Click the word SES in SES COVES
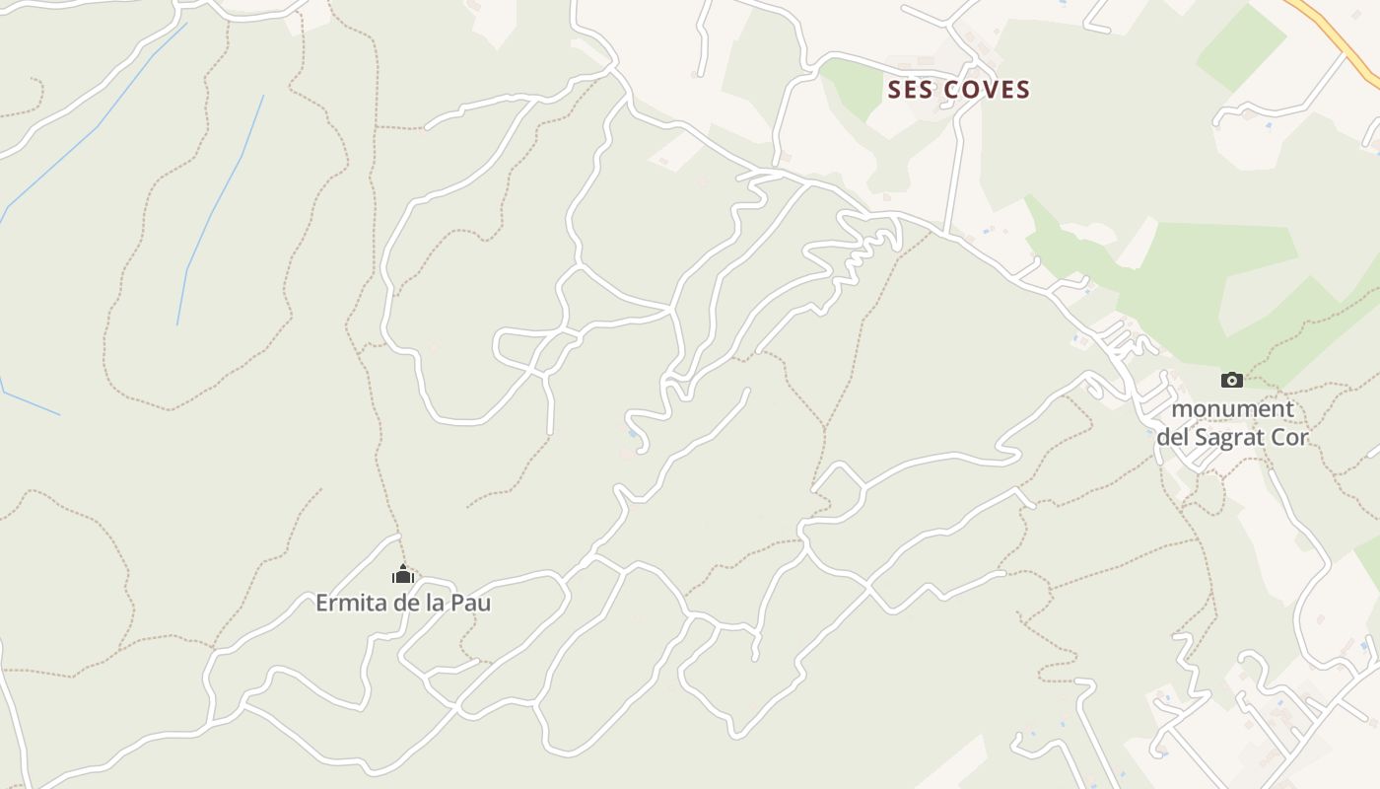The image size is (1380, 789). pyautogui.click(x=911, y=90)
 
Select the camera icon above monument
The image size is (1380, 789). pyautogui.click(x=1231, y=380)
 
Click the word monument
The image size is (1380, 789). pyautogui.click(x=1232, y=408)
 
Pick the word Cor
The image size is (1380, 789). pyautogui.click(x=1292, y=436)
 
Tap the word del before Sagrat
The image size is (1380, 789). pyautogui.click(x=1173, y=436)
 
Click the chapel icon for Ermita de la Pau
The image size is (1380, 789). pyautogui.click(x=402, y=573)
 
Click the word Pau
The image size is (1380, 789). pyautogui.click(x=471, y=603)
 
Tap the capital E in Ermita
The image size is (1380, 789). pyautogui.click(x=322, y=603)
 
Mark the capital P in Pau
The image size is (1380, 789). pyautogui.click(x=458, y=603)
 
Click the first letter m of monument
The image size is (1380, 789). pyautogui.click(x=1180, y=408)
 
